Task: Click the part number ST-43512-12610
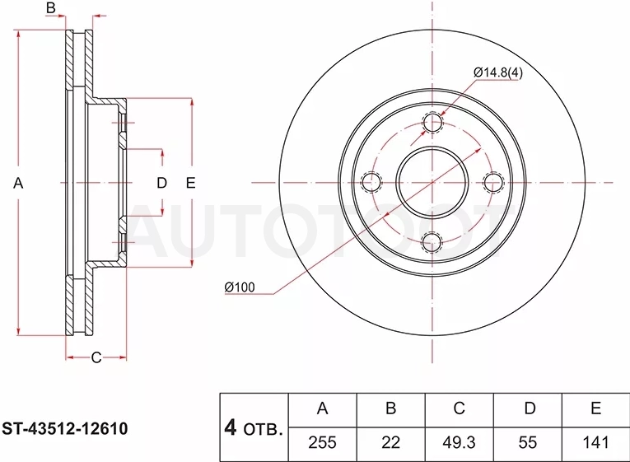coord(65,429)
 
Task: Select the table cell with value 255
coord(322,443)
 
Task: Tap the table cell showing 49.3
coord(459,443)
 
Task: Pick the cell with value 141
coord(596,443)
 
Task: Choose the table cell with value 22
coord(390,443)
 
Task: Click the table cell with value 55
coord(528,443)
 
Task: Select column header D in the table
coord(530,408)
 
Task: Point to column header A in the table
coord(322,408)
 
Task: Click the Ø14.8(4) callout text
coord(498,72)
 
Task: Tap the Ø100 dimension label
coord(240,287)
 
